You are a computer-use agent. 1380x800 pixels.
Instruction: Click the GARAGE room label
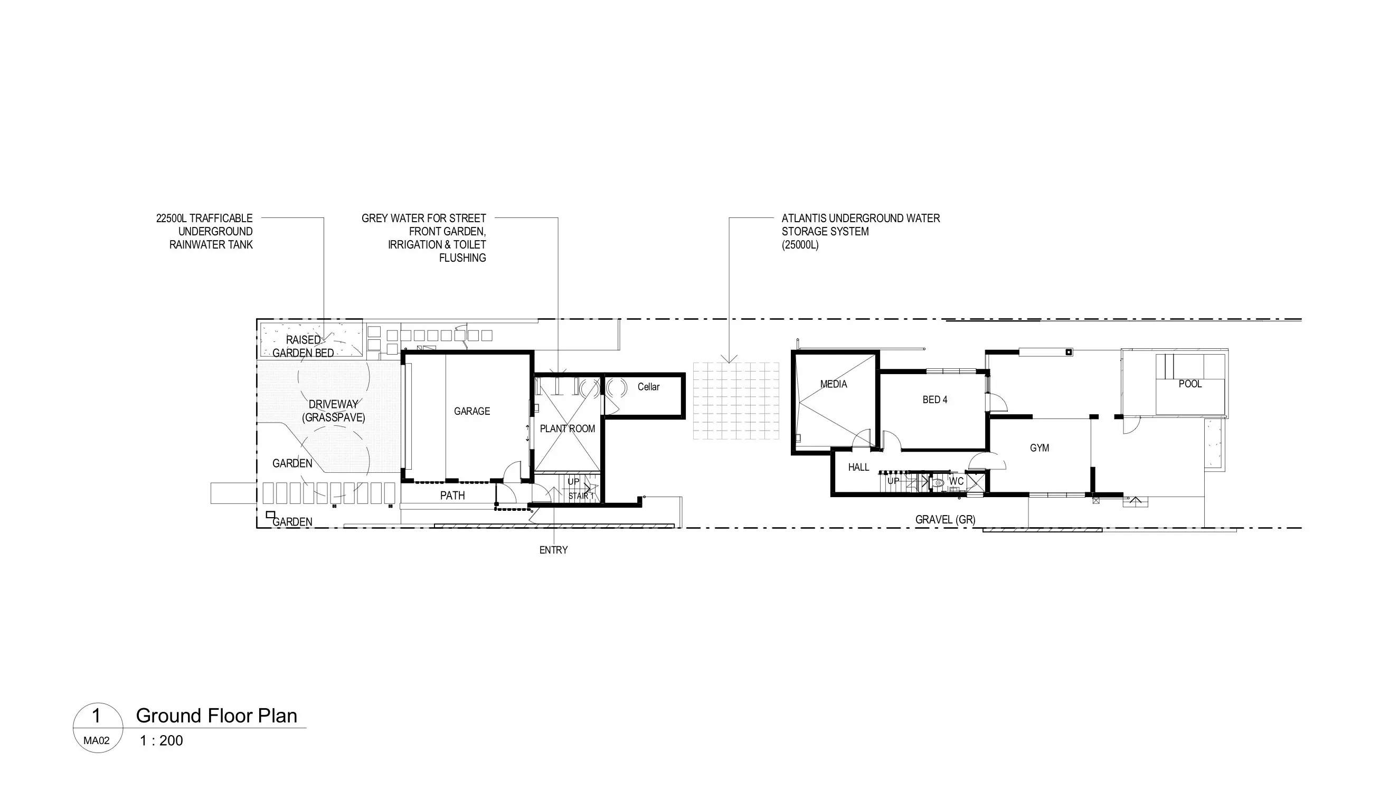[471, 411]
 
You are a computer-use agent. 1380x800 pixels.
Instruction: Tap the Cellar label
[648, 387]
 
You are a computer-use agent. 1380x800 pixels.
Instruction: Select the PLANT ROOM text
[568, 428]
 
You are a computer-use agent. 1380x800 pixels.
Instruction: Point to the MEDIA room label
[834, 384]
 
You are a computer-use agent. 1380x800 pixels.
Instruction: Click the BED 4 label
[935, 399]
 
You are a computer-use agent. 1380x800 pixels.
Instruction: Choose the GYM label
[1039, 448]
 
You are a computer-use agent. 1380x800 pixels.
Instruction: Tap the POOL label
[1190, 384]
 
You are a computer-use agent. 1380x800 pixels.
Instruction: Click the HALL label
[858, 467]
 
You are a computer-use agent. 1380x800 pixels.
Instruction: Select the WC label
[956, 481]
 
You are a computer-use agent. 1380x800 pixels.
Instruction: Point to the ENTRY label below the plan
[553, 550]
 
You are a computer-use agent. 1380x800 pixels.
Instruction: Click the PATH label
[452, 496]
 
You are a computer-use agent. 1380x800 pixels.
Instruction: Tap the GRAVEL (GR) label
[945, 520]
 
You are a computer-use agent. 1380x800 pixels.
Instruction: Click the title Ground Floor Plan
[216, 716]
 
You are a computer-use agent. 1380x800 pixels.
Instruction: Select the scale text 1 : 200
[161, 740]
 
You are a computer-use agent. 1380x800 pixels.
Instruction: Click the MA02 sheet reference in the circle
[97, 741]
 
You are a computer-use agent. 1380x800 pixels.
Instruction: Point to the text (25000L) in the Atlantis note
[800, 245]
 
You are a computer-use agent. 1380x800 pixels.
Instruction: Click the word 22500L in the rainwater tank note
[172, 218]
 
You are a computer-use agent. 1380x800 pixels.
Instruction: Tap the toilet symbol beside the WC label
[939, 482]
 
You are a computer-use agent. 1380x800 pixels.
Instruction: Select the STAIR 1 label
[581, 496]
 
